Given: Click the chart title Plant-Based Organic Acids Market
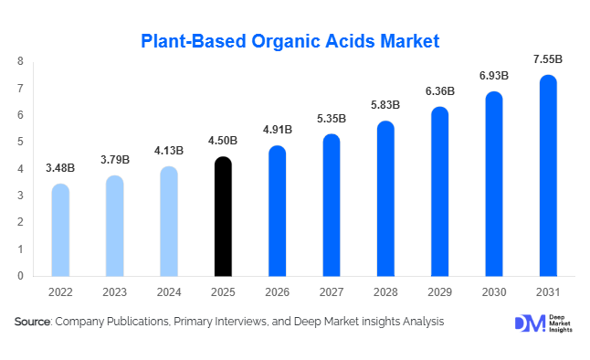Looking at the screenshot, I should pos(290,40).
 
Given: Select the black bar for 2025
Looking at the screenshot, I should pos(223,217).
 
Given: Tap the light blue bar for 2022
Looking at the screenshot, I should pos(60,230).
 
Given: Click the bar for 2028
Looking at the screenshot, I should pos(385,198).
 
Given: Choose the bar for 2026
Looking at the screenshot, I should pos(277,211).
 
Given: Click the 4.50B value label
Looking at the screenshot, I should pos(223,141).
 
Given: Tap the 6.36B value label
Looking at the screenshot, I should pos(439,91).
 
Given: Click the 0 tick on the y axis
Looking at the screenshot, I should pos(21,275).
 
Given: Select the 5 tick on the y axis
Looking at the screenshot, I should pos(21,142).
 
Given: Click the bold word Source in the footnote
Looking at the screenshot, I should pos(33,323).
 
